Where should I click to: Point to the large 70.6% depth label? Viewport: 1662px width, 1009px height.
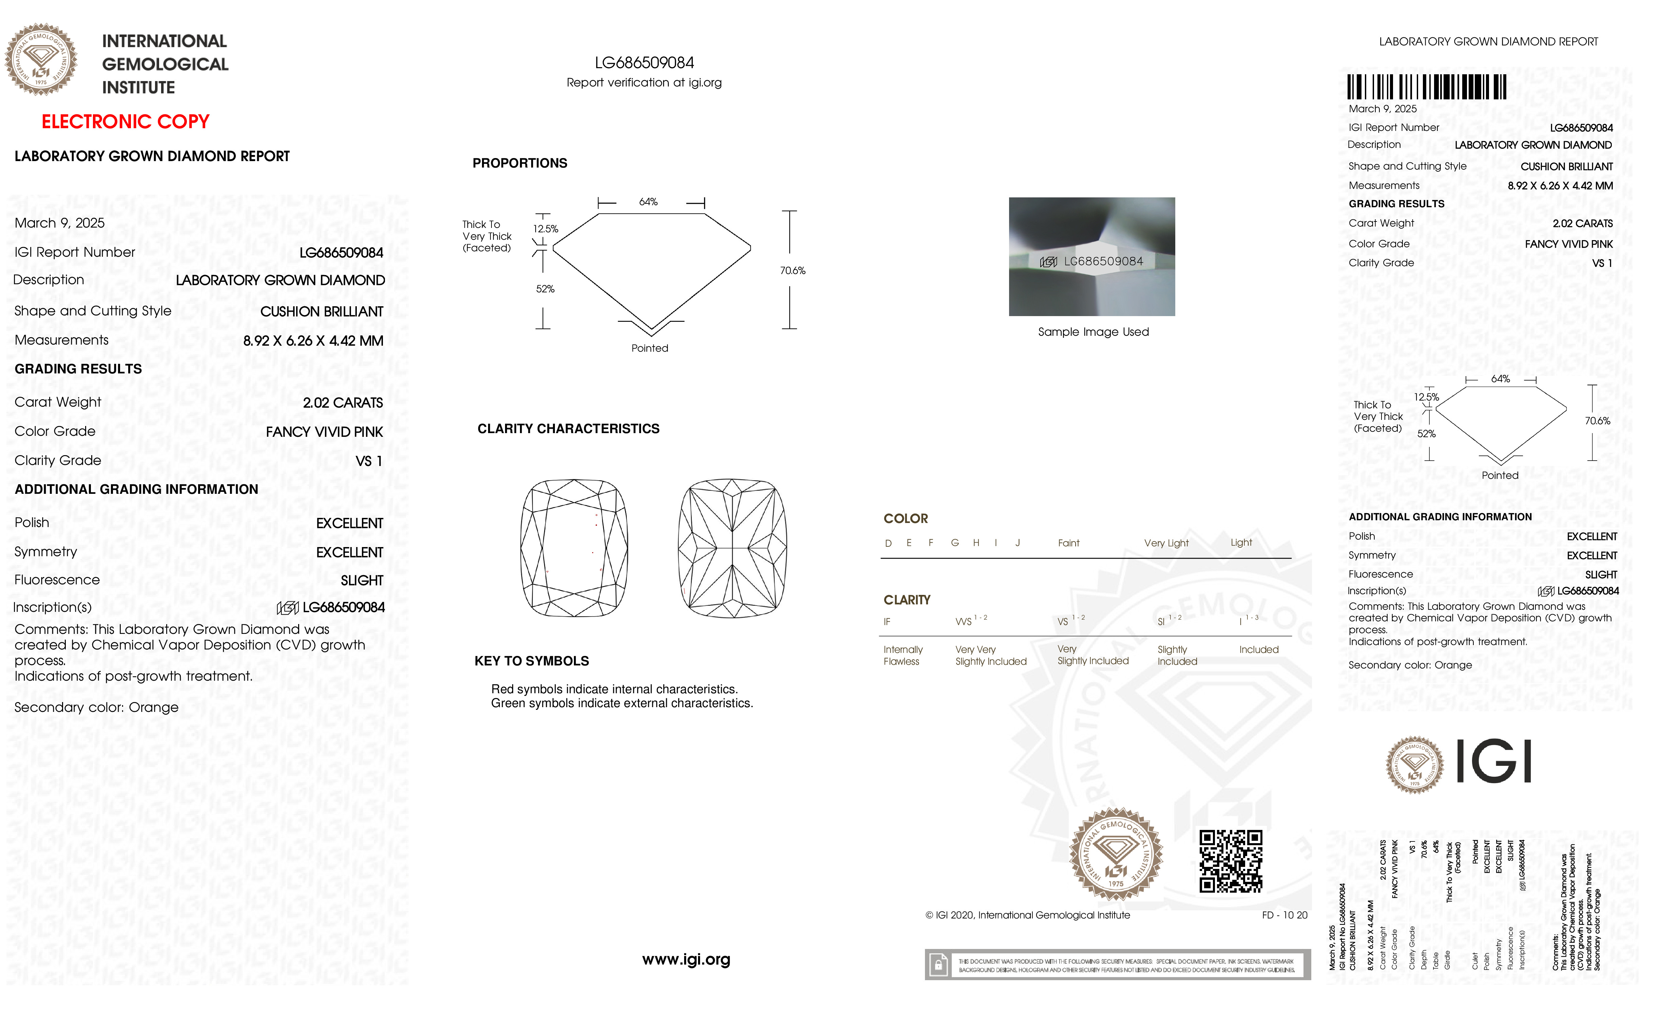793,270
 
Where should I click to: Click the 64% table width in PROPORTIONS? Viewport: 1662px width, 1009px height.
648,202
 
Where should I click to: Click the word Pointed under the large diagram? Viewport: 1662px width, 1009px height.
650,348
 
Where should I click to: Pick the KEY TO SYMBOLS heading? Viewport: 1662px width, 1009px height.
532,661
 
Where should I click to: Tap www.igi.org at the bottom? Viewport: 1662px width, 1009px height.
686,959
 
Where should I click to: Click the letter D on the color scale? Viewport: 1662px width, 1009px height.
888,543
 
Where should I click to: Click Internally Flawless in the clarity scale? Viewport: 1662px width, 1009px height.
903,655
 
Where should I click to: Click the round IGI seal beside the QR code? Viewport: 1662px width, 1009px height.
1116,854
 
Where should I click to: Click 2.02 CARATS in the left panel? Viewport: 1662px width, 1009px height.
343,403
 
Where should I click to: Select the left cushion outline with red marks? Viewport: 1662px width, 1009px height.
574,548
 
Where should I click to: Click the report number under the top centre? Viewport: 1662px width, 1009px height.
644,63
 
